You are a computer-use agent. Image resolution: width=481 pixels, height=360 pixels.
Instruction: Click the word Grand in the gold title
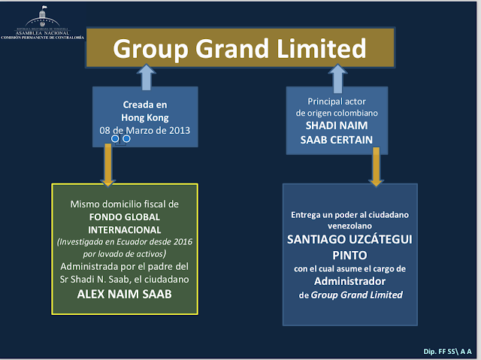pos(232,48)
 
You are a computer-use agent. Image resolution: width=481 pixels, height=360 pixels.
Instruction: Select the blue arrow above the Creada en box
pos(147,77)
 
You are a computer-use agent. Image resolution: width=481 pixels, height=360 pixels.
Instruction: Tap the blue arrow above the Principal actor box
pos(337,78)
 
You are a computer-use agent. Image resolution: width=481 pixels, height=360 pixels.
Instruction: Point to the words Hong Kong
pos(145,118)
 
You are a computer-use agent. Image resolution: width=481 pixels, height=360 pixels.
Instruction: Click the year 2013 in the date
pos(180,130)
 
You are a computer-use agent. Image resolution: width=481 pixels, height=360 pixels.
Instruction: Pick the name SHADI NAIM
pos(337,126)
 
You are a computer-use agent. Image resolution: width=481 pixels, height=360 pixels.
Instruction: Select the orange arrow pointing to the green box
pos(108,165)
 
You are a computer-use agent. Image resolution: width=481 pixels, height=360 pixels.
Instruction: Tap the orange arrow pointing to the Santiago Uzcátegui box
pos(376,167)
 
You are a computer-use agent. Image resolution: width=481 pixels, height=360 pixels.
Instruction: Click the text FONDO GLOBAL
pos(125,217)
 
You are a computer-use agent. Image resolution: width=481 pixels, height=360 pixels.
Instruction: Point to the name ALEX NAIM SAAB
pos(125,294)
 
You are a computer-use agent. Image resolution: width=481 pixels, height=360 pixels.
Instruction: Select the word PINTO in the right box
pos(349,255)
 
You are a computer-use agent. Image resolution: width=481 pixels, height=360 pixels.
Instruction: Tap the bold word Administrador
pos(349,281)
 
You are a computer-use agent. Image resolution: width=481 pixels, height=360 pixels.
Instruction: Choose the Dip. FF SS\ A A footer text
pos(447,352)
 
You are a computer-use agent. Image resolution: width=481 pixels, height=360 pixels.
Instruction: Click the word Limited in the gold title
pos(322,48)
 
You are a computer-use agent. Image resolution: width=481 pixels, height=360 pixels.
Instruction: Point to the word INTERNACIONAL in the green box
pos(125,230)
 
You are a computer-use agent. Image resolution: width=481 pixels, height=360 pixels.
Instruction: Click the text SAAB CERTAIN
pos(337,140)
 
